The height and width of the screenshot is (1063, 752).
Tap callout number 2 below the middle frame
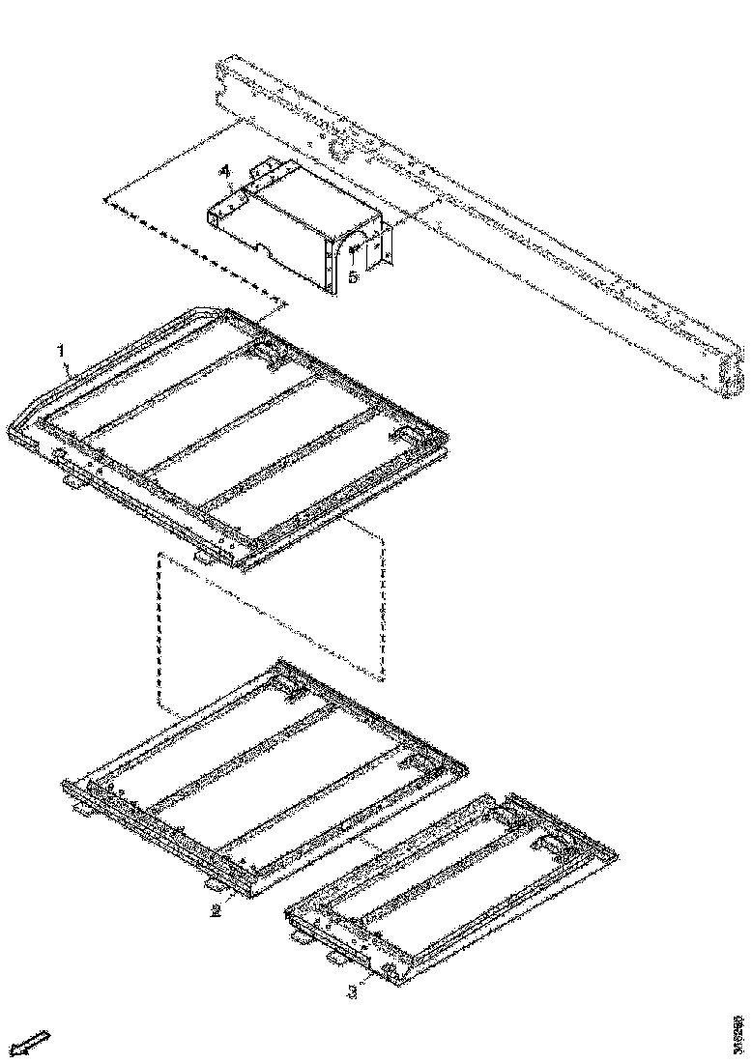pos(216,909)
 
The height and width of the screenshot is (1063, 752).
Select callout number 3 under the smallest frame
pos(353,991)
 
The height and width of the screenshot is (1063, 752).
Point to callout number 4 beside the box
pos(225,171)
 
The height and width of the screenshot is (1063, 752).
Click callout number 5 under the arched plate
pos(354,276)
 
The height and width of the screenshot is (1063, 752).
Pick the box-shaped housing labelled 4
pos(290,227)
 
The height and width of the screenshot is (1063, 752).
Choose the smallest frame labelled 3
pos(449,884)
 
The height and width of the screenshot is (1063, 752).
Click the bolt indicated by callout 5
pos(355,250)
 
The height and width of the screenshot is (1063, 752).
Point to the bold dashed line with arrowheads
pos(193,251)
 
